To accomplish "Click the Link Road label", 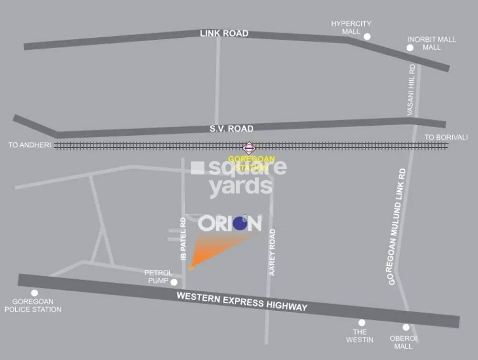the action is tap(224, 33).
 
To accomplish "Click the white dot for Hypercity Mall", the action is tap(367, 36).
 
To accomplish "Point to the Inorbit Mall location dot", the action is tap(410, 48).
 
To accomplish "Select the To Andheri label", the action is tap(30, 145).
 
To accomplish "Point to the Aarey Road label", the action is tap(272, 252).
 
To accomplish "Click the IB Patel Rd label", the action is tap(183, 239).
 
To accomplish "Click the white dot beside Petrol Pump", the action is tap(174, 282).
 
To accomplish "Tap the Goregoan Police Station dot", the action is tap(34, 293).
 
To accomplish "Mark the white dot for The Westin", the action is tap(362, 323).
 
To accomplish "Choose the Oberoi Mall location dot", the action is tap(406, 327).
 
